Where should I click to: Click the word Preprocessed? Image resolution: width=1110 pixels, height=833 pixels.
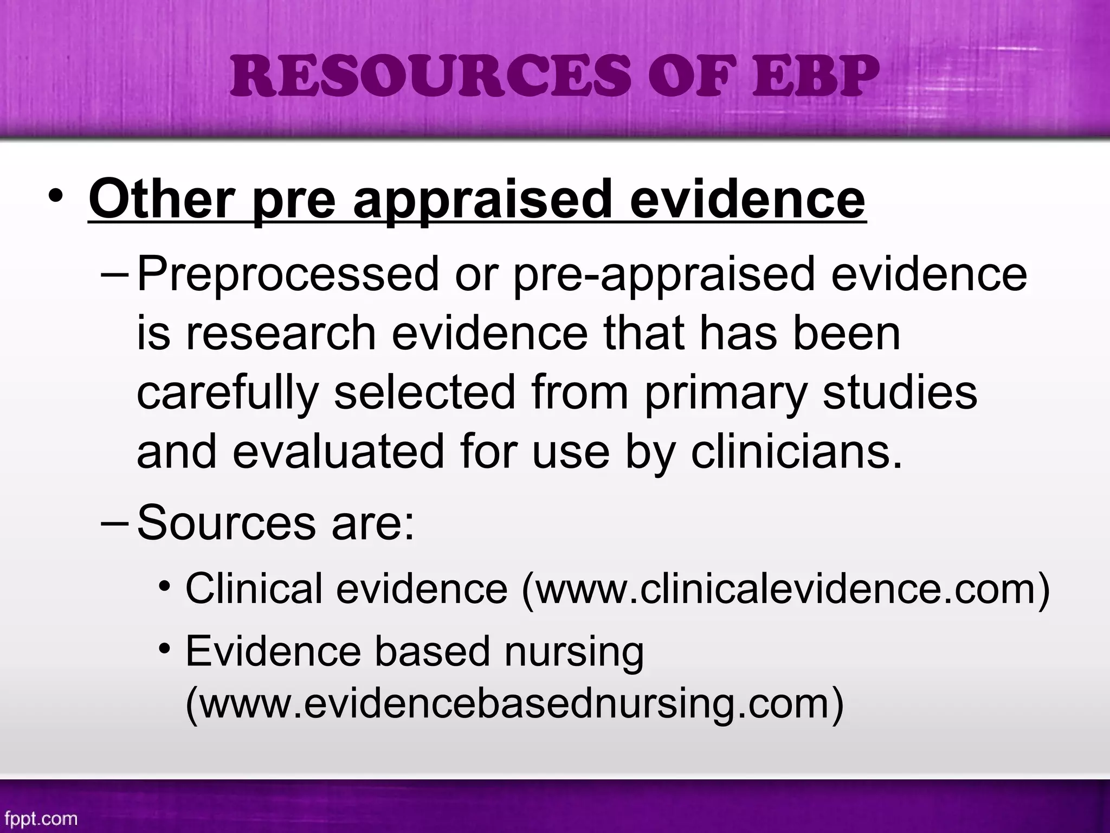click(288, 274)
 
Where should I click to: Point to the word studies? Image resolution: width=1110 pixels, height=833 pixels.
click(900, 393)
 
